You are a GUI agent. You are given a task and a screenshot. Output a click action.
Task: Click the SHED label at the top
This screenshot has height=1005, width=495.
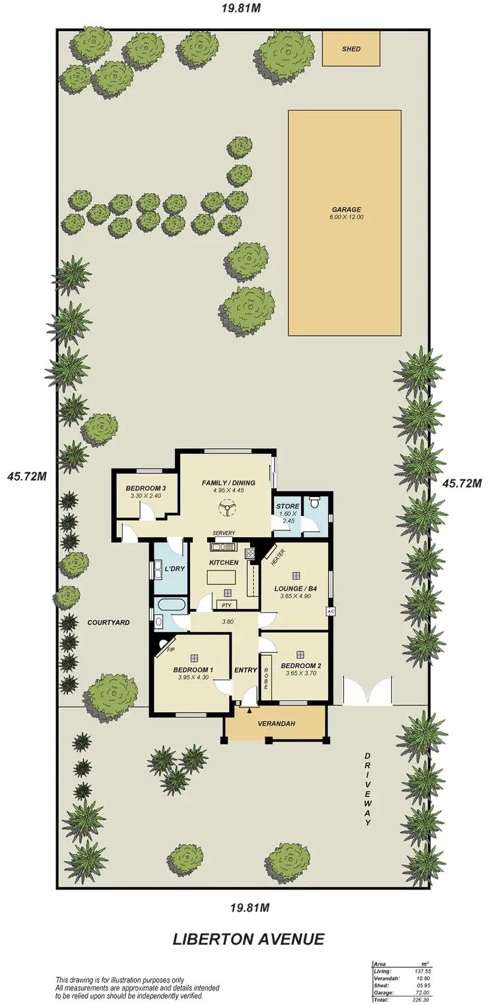click(x=351, y=49)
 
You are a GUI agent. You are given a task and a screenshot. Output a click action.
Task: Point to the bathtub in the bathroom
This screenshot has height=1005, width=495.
click(x=171, y=604)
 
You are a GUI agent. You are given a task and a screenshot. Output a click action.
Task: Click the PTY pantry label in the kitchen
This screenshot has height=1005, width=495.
click(x=226, y=604)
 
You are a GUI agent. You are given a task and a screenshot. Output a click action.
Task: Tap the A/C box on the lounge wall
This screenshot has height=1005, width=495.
click(x=331, y=612)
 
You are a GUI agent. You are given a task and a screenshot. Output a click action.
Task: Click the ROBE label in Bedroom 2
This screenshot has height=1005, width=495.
click(x=267, y=678)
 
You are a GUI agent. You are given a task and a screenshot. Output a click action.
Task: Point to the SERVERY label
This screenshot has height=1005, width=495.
click(x=224, y=533)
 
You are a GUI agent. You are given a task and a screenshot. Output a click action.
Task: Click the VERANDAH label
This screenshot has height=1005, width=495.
click(x=276, y=724)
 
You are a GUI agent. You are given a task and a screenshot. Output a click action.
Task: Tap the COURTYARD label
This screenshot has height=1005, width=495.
click(x=108, y=622)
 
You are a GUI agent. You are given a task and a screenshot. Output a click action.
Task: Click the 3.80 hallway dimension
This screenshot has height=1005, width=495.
click(x=228, y=622)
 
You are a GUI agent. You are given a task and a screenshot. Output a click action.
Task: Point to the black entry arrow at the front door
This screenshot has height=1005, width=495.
click(x=249, y=710)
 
